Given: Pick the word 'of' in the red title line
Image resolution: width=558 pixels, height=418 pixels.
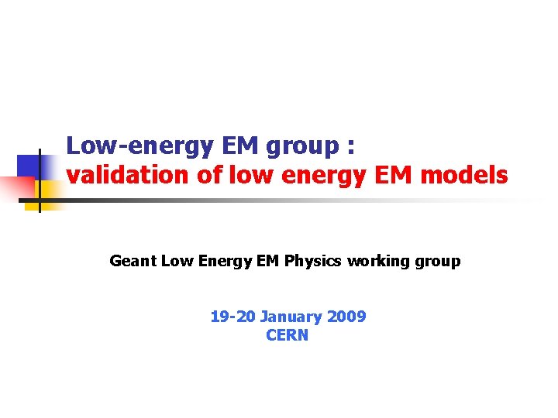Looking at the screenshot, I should click(208, 176).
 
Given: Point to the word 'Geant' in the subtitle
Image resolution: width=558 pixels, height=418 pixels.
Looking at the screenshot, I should click(133, 261).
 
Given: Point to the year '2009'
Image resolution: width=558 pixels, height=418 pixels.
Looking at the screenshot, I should click(346, 317).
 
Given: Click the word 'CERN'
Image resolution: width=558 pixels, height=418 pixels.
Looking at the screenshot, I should click(287, 335).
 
